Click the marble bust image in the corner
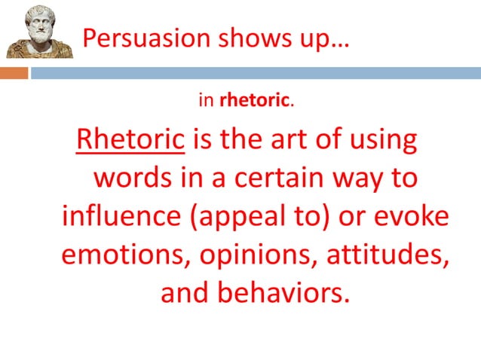pos(39,31)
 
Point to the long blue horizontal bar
pos(256,73)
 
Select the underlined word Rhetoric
pos(130,139)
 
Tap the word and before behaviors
pos(184,293)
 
